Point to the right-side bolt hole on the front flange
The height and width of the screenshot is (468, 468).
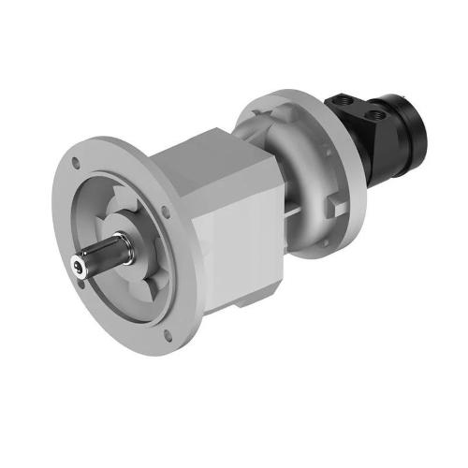pyautogui.click(x=166, y=212)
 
